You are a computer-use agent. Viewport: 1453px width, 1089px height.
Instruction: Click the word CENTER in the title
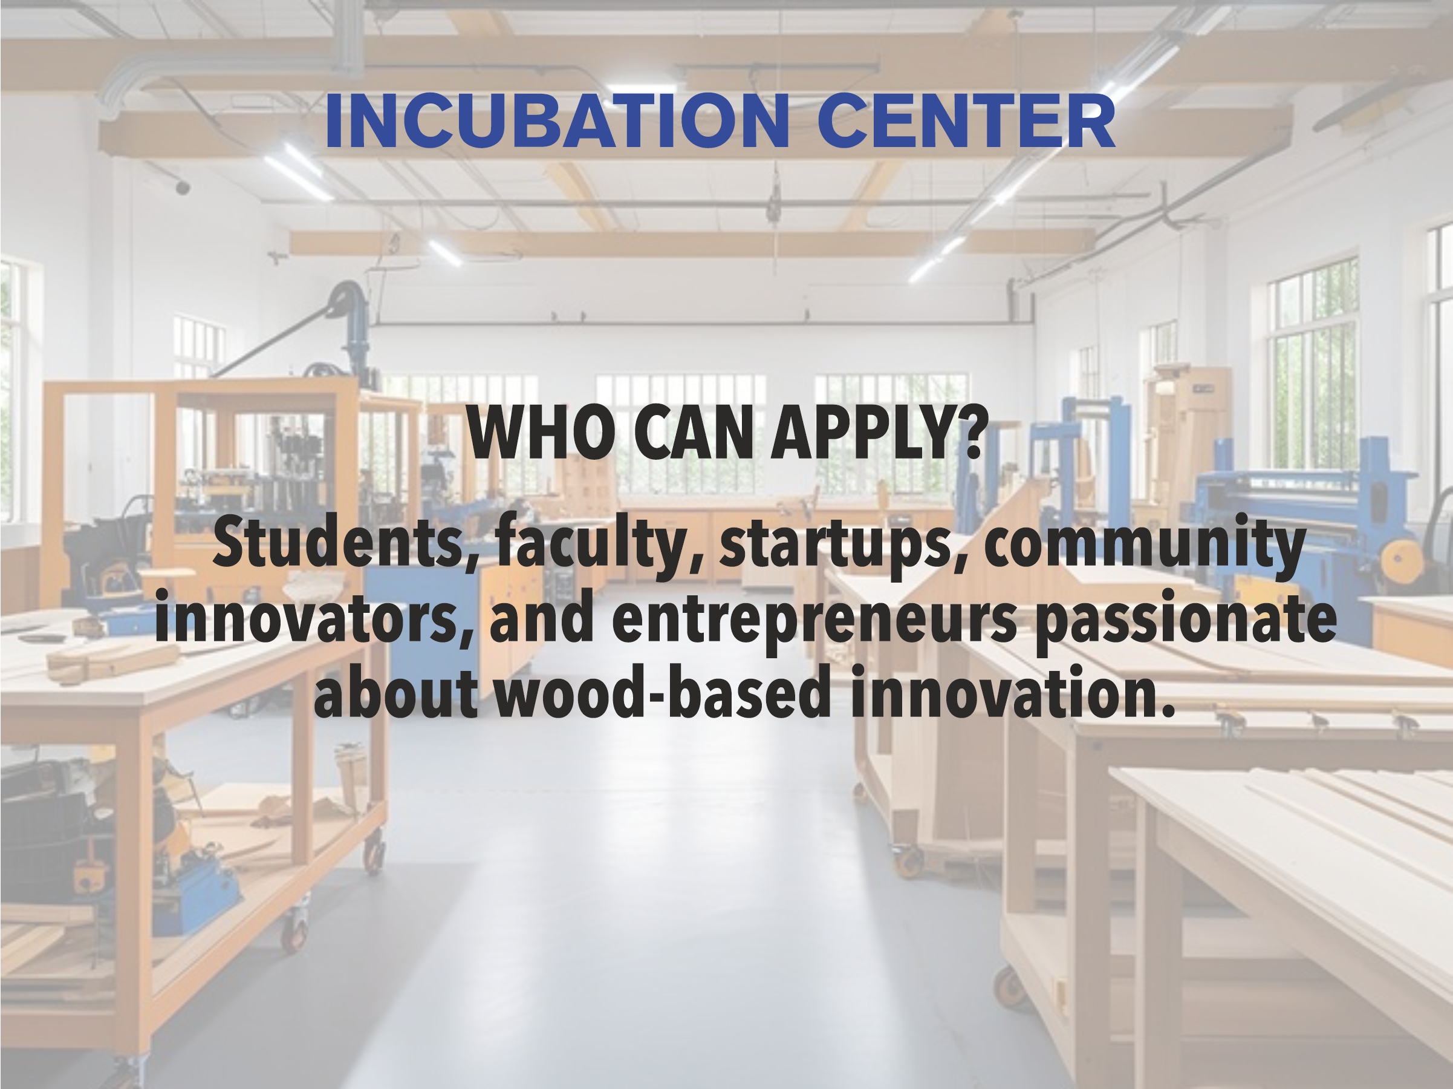tap(966, 122)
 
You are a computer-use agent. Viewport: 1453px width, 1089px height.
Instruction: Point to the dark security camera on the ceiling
tap(182, 188)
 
